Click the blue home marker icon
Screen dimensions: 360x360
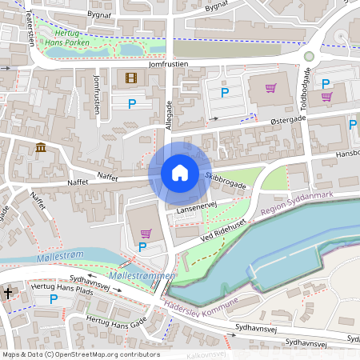179,173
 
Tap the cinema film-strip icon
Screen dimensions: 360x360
131,78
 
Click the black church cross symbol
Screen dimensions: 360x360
8,294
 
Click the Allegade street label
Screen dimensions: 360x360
168,114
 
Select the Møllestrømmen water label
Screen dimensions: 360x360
145,276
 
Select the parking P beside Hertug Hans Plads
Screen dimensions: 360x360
54,299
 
